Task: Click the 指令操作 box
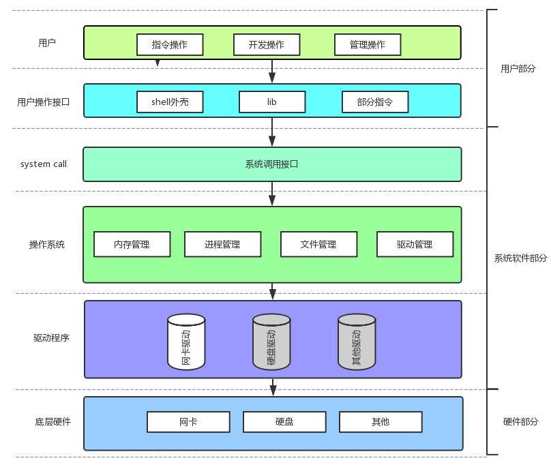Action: pos(170,44)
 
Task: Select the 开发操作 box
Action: pos(267,44)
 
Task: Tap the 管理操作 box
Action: pos(368,44)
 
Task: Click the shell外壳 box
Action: pos(170,102)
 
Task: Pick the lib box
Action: pos(272,102)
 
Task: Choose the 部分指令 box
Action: pos(375,102)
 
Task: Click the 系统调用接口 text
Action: pos(271,164)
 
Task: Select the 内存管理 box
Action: pos(132,244)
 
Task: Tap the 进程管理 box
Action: pos(222,244)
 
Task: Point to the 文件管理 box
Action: pos(318,244)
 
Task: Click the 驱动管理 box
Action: pos(415,244)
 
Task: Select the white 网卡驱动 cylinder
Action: pos(186,342)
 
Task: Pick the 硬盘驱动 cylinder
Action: pos(271,342)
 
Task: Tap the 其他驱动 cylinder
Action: pos(357,342)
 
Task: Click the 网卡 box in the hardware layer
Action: pos(188,422)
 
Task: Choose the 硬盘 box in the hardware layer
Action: pos(284,422)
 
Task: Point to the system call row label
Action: pos(44,164)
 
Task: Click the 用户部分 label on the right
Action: pos(518,69)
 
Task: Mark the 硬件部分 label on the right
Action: pos(521,422)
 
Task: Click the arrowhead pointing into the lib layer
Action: pos(272,78)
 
